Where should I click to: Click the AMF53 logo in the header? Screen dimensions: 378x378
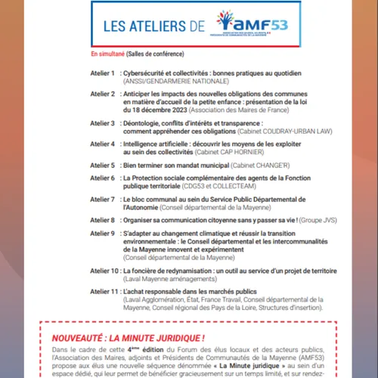click(243, 27)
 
